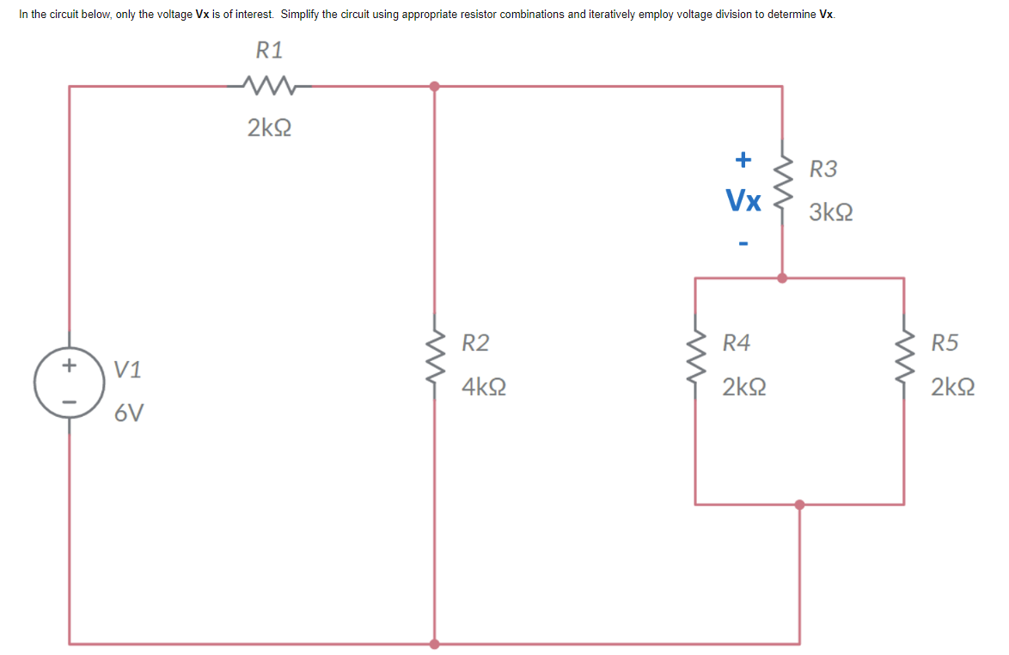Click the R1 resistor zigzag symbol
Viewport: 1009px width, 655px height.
269,85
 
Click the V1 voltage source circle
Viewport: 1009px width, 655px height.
69,384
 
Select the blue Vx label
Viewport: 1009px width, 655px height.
743,201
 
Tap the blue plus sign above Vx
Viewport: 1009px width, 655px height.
743,159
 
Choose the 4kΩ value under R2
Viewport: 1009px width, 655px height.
483,388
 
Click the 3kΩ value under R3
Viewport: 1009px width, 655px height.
831,212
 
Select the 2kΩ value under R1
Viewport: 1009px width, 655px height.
269,129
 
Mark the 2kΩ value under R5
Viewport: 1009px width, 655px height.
953,388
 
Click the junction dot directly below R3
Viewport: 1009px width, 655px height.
781,278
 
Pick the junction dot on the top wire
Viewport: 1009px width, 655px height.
435,86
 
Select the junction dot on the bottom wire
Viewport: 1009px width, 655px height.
435,643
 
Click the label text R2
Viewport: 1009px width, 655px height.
475,343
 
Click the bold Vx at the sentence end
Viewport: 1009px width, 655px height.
826,15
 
